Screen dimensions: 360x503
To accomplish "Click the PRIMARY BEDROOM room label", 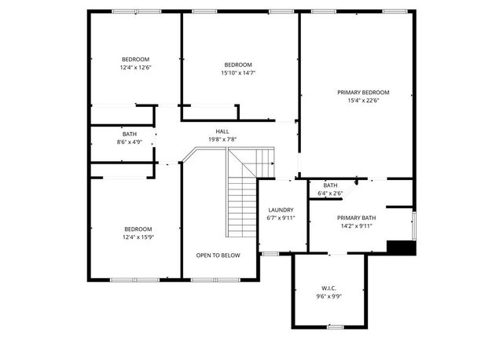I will pos(363,92).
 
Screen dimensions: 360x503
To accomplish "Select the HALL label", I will pos(222,131).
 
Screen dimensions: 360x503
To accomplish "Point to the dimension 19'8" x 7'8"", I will pos(222,139).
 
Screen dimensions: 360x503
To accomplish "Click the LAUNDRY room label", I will pos(281,210).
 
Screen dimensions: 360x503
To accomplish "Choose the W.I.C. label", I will pos(329,288).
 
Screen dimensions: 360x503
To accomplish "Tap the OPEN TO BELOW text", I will pos(218,255).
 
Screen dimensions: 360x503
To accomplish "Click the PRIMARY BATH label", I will pos(357,218).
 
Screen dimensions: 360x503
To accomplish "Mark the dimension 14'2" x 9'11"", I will pos(355,226).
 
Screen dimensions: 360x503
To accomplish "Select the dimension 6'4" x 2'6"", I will pos(330,193).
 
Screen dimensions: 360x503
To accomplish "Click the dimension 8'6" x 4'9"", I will pos(129,142).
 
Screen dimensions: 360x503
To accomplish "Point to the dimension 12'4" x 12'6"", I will pos(135,68).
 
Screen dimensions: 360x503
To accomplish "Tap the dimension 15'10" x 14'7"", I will pos(238,73).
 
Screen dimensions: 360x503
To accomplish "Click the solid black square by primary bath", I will pos(401,247).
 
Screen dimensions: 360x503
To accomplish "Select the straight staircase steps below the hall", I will pos(242,206).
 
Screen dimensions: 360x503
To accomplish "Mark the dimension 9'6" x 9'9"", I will pos(329,296).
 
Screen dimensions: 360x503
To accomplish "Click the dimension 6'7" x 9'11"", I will pos(281,218).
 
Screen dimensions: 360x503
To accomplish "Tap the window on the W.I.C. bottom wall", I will pos(336,325).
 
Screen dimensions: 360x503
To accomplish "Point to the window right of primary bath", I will pos(413,224).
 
